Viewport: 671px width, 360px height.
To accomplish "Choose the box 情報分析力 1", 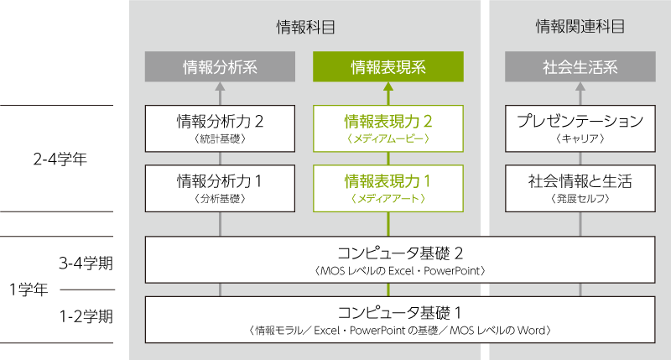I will [220, 188].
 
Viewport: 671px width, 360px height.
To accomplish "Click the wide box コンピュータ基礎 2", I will [399, 259].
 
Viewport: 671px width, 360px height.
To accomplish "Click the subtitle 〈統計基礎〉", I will [220, 139].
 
